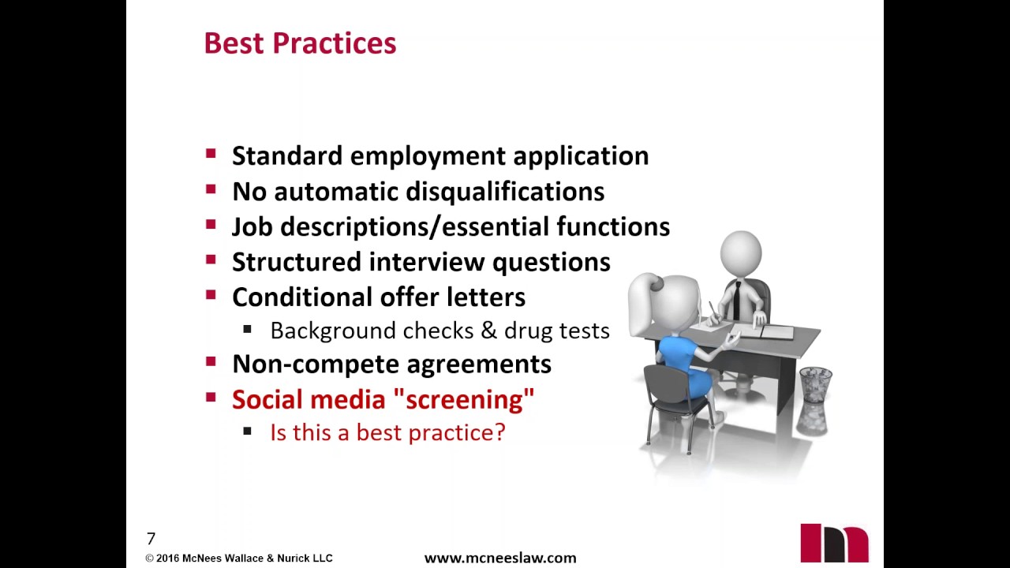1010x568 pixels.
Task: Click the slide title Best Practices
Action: [x=300, y=43]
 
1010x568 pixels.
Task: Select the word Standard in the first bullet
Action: [x=287, y=156]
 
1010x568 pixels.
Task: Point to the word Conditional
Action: [x=302, y=297]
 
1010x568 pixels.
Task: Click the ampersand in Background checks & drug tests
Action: [x=489, y=331]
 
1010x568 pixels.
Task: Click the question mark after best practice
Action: [x=499, y=433]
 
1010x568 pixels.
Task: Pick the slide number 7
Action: [x=151, y=539]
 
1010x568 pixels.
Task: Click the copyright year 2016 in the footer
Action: [x=167, y=559]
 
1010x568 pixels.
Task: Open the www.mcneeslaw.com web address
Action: [x=500, y=559]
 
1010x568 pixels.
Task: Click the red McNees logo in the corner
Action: [x=834, y=543]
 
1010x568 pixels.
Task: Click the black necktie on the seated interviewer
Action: [x=735, y=299]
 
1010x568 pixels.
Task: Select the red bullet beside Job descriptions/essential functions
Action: [x=211, y=226]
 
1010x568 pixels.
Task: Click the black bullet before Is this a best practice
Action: [x=248, y=432]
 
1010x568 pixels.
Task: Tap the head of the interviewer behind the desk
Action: [x=740, y=253]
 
